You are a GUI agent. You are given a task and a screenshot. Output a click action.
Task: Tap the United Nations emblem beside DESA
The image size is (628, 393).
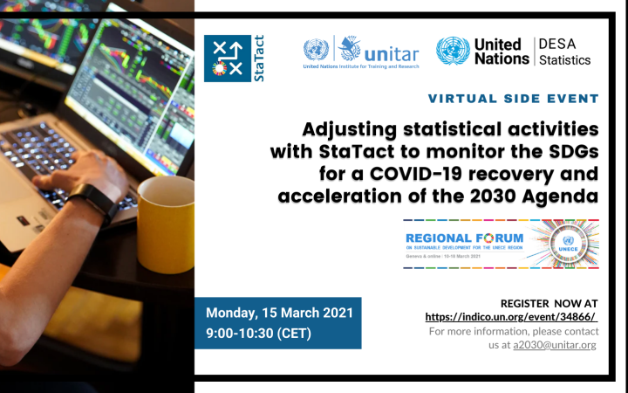click(x=453, y=52)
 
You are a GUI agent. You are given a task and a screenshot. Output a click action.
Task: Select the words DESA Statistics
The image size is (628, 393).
click(x=563, y=52)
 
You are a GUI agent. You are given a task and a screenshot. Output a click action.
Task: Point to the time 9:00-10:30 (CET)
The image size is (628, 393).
click(x=259, y=333)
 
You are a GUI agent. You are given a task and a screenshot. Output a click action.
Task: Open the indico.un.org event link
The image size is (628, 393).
click(x=510, y=316)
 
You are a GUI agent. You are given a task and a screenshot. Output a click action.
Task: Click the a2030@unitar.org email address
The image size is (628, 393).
click(x=555, y=345)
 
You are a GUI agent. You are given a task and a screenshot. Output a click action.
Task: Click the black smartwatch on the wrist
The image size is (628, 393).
click(x=104, y=203)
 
